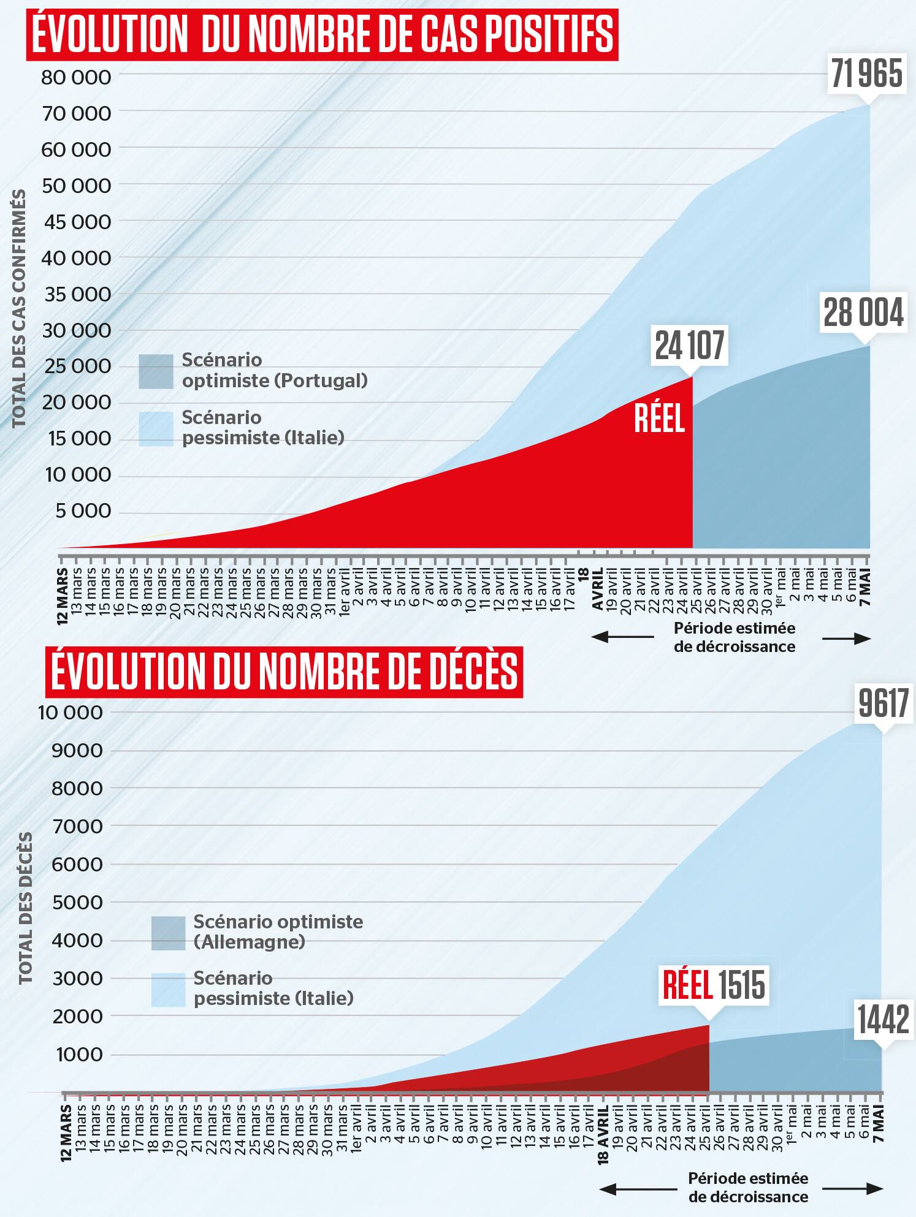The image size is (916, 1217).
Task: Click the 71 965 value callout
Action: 866,74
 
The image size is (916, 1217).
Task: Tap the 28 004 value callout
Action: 863,313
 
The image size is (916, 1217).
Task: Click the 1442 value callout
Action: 883,1020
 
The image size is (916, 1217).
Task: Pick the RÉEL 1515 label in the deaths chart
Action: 714,985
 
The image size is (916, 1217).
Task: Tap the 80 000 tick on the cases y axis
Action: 76,77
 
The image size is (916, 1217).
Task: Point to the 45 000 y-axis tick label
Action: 77,222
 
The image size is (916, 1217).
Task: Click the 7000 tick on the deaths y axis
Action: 77,826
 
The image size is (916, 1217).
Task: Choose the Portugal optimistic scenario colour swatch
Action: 156,371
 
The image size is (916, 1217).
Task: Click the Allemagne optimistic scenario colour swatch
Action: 168,933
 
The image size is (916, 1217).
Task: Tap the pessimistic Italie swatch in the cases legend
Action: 156,428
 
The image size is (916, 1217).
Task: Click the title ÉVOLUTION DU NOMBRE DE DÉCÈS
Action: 284,672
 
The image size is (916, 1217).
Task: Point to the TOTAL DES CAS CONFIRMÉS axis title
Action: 19,308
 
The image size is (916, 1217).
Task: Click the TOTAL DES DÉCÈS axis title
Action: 25,908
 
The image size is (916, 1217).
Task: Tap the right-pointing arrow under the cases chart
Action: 846,639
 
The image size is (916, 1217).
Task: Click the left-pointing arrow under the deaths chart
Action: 638,1189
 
